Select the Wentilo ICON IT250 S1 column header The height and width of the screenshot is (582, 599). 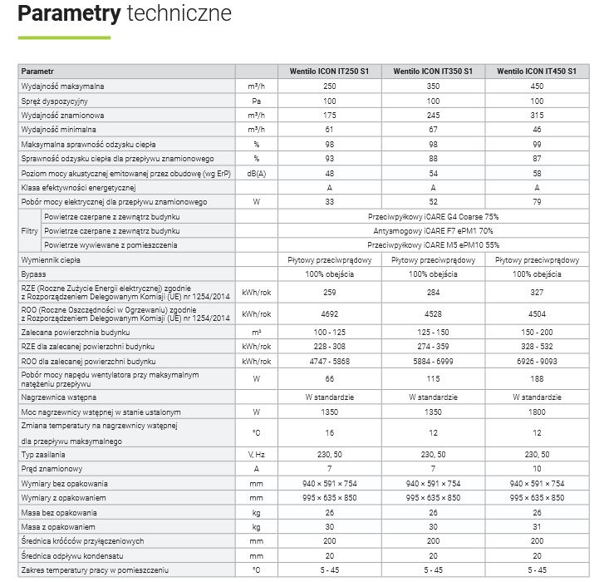[329, 72]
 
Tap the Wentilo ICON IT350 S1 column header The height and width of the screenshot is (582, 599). [433, 72]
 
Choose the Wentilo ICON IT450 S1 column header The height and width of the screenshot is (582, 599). [537, 72]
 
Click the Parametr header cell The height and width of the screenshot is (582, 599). [37, 72]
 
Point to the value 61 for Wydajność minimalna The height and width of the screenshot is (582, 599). [329, 130]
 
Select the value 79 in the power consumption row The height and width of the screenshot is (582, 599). [537, 202]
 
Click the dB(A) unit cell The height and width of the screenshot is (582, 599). [257, 173]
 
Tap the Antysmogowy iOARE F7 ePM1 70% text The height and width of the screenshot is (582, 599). [433, 231]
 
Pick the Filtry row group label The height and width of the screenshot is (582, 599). [29, 231]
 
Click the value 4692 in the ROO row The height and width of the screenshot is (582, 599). [329, 314]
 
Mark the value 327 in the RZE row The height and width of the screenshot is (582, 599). [537, 293]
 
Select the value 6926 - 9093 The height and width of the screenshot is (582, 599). [537, 361]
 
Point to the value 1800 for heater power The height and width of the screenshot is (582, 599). [537, 412]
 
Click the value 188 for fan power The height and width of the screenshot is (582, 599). [537, 379]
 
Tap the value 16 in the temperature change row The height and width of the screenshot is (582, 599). [329, 433]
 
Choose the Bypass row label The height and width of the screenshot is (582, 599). [34, 274]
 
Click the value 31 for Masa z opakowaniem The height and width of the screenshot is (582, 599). [537, 527]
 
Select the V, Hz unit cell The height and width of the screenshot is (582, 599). [257, 455]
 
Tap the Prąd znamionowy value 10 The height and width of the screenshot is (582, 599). [537, 469]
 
